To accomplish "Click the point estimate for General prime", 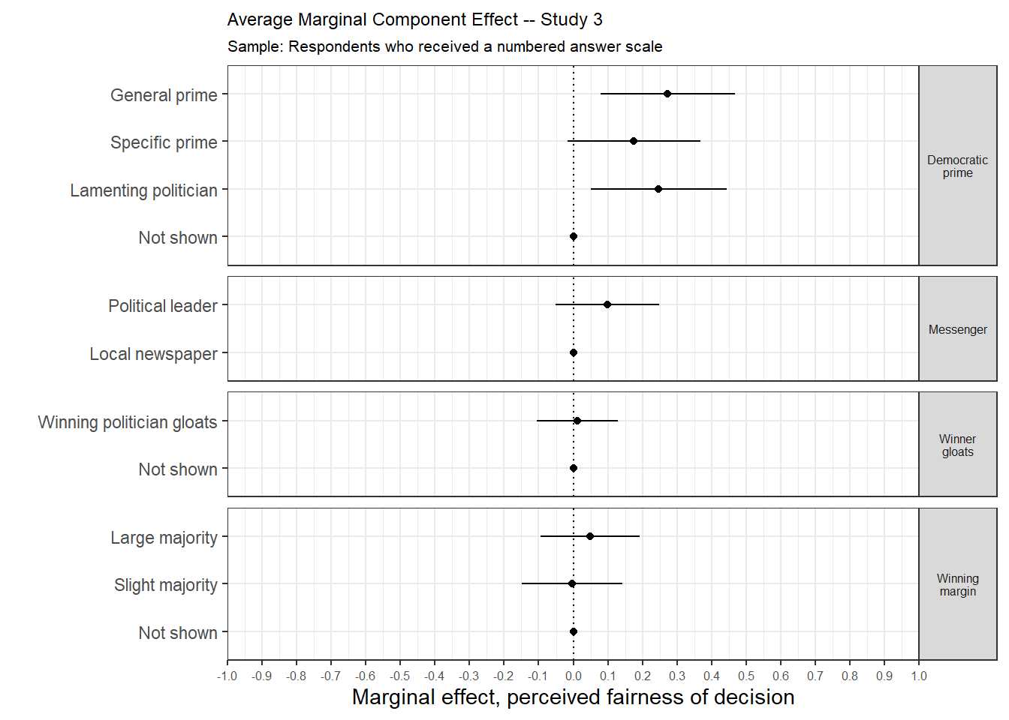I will click(667, 94).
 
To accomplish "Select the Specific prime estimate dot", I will click(634, 141).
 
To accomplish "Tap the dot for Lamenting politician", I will click(658, 189).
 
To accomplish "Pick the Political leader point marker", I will click(607, 304).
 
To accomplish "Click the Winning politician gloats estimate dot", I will click(577, 421).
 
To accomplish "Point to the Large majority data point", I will click(590, 536).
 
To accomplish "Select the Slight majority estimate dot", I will click(572, 583).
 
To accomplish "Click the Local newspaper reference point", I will click(574, 352).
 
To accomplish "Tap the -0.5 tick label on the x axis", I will click(400, 676).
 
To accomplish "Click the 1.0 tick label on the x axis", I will click(919, 676).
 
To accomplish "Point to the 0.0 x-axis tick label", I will click(574, 676).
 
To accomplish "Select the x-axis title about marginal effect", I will click(573, 697).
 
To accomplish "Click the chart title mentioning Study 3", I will click(414, 20).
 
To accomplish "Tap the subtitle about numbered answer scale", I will click(444, 46).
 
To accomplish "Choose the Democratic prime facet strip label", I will click(957, 166).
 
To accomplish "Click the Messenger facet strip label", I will click(957, 329).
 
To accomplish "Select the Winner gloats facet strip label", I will click(957, 445).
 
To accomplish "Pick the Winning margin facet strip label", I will click(957, 585).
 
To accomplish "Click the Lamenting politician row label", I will click(143, 190).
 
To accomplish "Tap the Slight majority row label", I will click(165, 585).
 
